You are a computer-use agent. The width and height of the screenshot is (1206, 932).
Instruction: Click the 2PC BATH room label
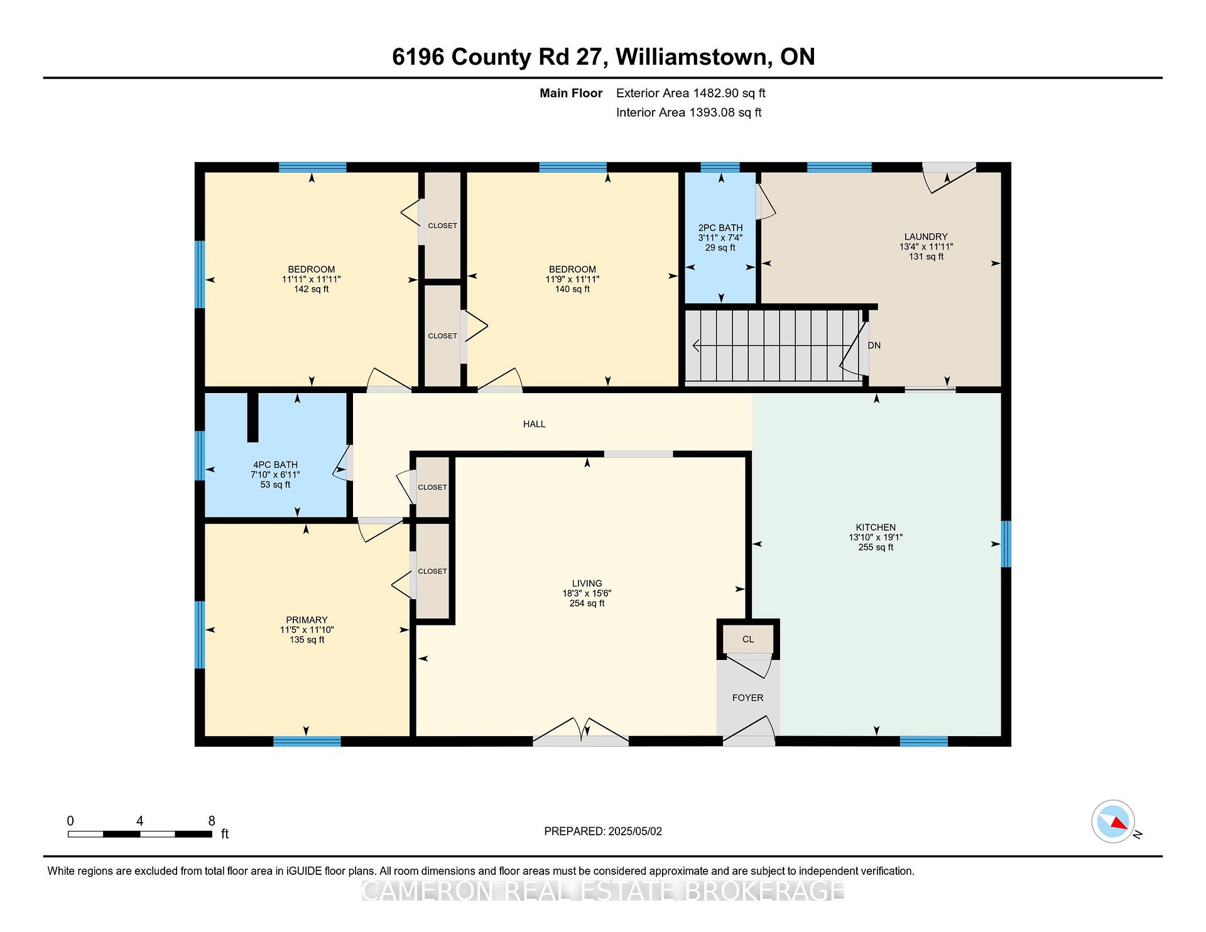click(x=720, y=228)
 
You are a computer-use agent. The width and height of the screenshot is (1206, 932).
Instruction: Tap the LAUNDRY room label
click(x=926, y=237)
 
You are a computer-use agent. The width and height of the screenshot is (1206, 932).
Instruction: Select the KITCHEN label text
click(x=876, y=528)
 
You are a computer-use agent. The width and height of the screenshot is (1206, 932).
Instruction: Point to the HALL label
click(x=535, y=424)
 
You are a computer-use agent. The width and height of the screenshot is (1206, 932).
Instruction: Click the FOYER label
click(x=747, y=698)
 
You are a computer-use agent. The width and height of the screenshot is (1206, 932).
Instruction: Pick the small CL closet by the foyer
click(x=748, y=639)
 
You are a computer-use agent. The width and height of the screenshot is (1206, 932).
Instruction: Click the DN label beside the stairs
click(x=874, y=345)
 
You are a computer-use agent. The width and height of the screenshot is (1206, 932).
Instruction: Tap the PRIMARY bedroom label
click(x=307, y=620)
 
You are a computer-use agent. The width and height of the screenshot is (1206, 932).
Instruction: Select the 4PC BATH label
click(x=275, y=465)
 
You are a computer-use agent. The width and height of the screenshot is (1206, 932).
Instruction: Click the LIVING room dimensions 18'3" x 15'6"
click(x=587, y=593)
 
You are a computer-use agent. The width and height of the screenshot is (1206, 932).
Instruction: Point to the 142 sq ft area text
click(x=312, y=289)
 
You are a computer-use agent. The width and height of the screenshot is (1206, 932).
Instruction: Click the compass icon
click(x=1113, y=821)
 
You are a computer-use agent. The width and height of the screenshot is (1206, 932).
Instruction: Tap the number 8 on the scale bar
click(x=212, y=821)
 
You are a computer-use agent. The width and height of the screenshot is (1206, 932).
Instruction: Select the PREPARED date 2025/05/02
click(x=635, y=831)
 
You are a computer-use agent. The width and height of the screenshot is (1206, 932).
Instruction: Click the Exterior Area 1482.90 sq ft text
click(x=690, y=93)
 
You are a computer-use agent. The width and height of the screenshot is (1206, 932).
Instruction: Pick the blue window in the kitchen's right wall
click(x=1006, y=544)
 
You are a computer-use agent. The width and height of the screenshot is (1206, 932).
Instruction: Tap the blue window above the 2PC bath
click(x=720, y=167)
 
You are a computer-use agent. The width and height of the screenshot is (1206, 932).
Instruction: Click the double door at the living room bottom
click(x=581, y=733)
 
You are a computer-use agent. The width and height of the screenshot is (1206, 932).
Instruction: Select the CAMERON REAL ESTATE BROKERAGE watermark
click(x=603, y=891)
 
